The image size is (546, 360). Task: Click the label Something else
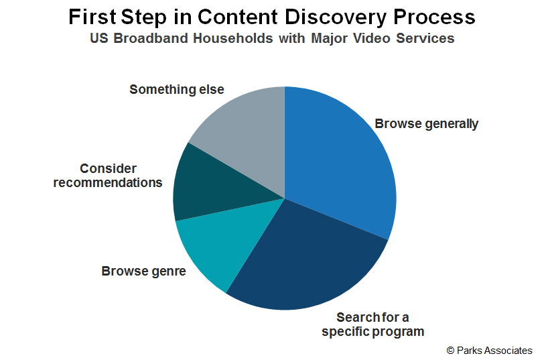point(177,90)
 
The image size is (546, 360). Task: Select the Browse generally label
point(426,124)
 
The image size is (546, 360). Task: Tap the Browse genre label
point(143,271)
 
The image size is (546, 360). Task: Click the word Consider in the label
point(108,169)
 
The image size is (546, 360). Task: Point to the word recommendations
point(108,182)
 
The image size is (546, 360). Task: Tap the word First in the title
point(92,17)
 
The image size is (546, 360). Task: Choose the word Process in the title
point(434,17)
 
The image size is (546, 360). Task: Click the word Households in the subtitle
point(233,38)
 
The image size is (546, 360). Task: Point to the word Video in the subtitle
point(372,38)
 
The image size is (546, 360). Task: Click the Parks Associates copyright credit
point(489,350)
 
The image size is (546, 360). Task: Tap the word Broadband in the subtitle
point(151,38)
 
